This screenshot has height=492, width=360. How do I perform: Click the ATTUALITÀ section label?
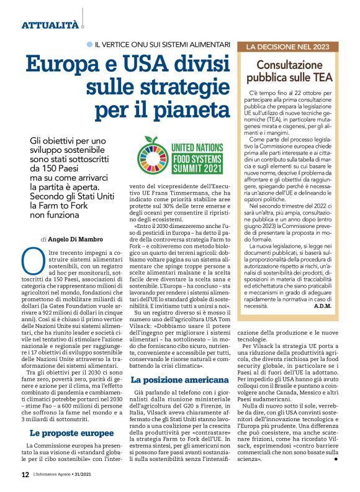click(x=50, y=25)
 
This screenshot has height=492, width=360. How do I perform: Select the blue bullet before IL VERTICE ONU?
click(x=90, y=45)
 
